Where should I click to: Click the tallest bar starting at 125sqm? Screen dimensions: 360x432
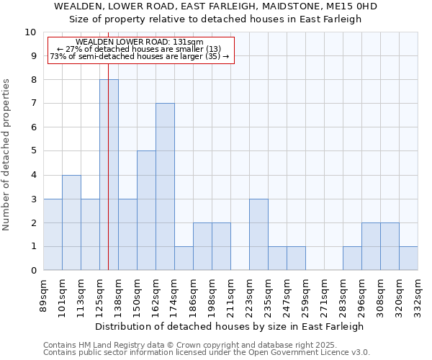click(109, 175)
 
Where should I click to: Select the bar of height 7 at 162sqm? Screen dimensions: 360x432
click(165, 186)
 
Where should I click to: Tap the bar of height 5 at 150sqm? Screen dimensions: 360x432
click(146, 210)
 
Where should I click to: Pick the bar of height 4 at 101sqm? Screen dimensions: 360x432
click(71, 222)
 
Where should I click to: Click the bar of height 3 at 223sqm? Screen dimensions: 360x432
click(258, 234)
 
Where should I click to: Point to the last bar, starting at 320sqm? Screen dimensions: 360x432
click(408, 258)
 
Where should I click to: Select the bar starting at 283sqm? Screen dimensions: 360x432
click(352, 258)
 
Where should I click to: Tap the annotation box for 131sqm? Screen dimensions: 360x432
click(140, 50)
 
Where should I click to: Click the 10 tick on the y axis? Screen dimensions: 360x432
click(30, 32)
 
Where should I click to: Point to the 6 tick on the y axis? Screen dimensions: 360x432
click(32, 127)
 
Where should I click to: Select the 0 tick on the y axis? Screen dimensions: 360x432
click(32, 271)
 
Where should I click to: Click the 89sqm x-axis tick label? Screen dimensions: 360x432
click(44, 295)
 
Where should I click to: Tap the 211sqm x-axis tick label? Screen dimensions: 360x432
click(231, 295)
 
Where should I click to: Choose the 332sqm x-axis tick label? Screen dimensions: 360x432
click(418, 295)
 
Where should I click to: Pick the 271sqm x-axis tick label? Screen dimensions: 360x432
click(325, 295)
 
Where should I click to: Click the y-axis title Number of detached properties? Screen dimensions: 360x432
click(7, 155)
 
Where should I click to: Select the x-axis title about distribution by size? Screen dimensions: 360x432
click(230, 326)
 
